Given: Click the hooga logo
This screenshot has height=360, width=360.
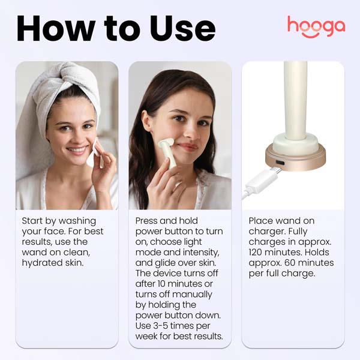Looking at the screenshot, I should pos(316,26).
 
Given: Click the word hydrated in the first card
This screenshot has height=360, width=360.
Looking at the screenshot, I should pos(44,263).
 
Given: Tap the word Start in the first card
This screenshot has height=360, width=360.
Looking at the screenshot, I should pos(34,221).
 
